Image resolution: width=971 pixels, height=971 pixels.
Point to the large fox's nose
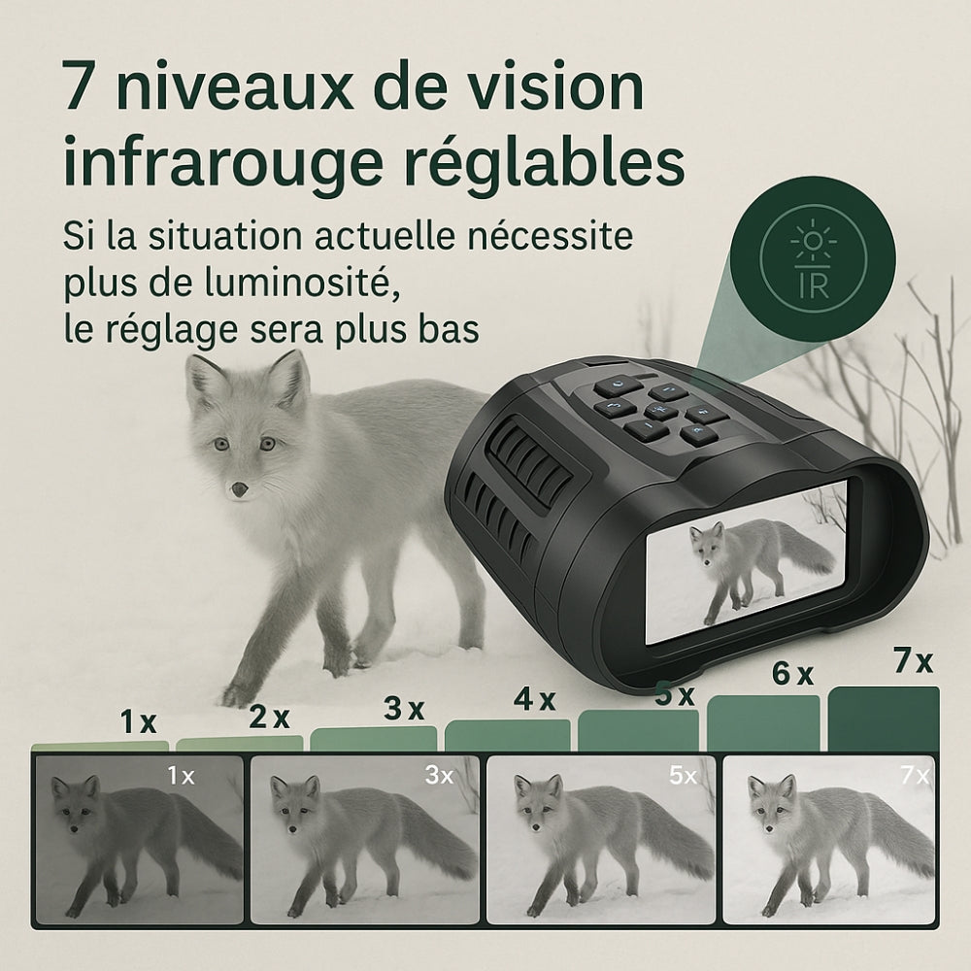tap(238, 489)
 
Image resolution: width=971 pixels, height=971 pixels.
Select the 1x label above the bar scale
tap(138, 722)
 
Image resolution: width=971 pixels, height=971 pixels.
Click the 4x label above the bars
tap(534, 698)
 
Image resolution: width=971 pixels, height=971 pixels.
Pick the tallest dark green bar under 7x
tap(883, 720)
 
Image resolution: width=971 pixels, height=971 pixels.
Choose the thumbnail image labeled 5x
tap(599, 839)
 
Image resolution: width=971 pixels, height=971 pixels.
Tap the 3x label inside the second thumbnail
tap(438, 775)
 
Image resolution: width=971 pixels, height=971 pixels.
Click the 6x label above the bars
tap(791, 676)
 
